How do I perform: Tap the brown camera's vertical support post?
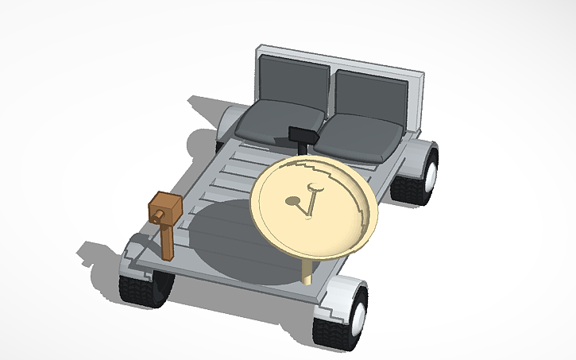pos(168,242)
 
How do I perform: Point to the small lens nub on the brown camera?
pos(159,215)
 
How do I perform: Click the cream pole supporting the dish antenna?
pos(307,270)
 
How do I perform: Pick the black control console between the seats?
pos(303,137)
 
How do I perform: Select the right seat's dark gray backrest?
pos(371,95)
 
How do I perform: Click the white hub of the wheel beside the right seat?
pos(432,171)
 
